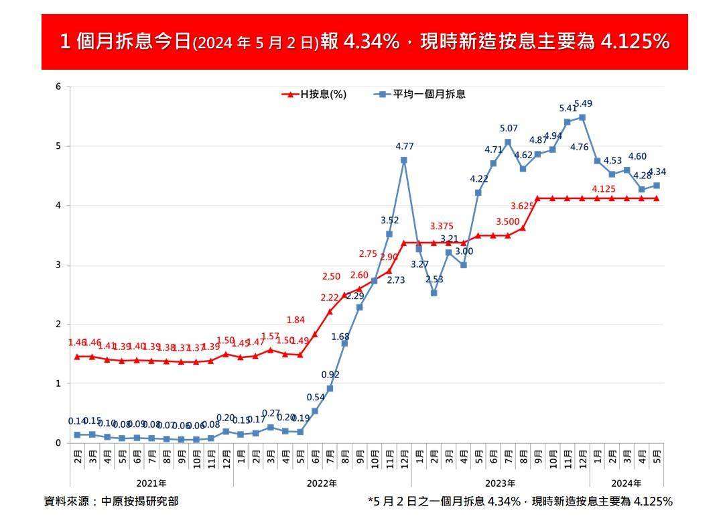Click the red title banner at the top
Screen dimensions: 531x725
pyautogui.click(x=365, y=42)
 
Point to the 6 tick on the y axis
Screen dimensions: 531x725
pyautogui.click(x=58, y=86)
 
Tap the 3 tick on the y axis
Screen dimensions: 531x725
pyautogui.click(x=58, y=265)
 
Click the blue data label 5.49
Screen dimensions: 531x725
pyautogui.click(x=583, y=104)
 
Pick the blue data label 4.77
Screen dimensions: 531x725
pyautogui.click(x=404, y=145)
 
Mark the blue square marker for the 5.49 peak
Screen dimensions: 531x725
pyautogui.click(x=582, y=117)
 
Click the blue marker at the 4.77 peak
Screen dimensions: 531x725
pyautogui.click(x=404, y=160)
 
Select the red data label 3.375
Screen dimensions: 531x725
pyautogui.click(x=442, y=226)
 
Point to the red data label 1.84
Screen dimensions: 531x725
pyautogui.click(x=295, y=320)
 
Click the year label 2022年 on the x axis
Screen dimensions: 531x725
pyautogui.click(x=322, y=483)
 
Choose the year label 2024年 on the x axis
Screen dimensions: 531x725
pyautogui.click(x=627, y=483)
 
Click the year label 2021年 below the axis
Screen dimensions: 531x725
pyautogui.click(x=151, y=483)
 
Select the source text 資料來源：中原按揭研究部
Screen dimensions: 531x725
pyautogui.click(x=111, y=501)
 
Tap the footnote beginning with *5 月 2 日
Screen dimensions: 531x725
pyautogui.click(x=520, y=501)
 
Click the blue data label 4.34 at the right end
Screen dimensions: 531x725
pyautogui.click(x=657, y=172)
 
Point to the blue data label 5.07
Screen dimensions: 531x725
pyautogui.click(x=509, y=128)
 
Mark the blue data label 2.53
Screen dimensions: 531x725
pyautogui.click(x=434, y=279)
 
